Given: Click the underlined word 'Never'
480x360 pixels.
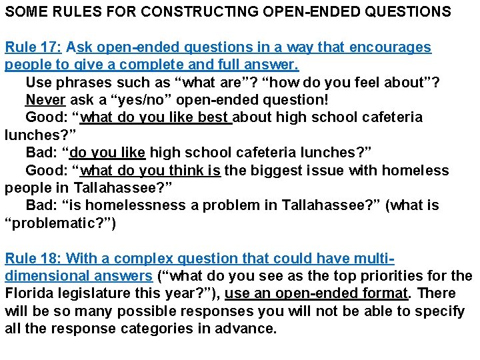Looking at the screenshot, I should coord(45,100).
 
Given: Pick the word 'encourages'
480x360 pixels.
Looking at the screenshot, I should coord(394,48).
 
